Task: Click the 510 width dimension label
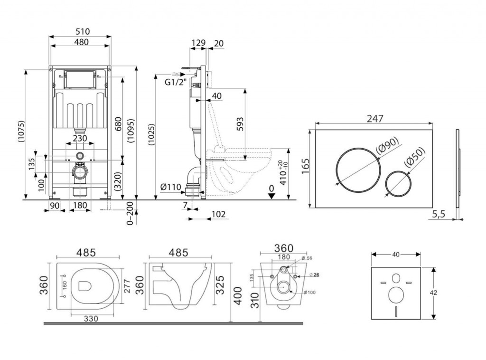pyautogui.click(x=81, y=32)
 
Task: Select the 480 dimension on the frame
pyautogui.click(x=81, y=42)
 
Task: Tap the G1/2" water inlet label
pyautogui.click(x=174, y=82)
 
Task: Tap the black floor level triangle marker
pyautogui.click(x=271, y=197)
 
